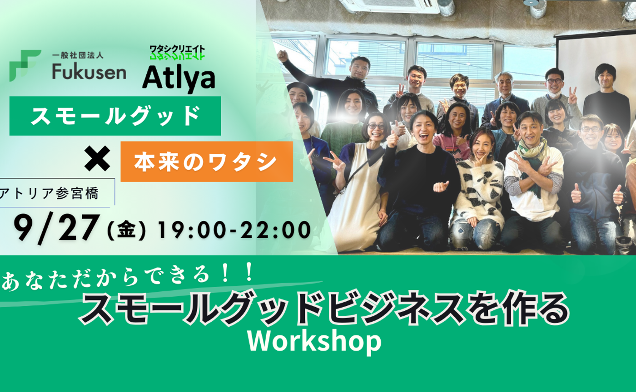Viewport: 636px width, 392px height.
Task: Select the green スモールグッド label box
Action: point(115,116)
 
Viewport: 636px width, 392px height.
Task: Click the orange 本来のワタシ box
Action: point(206,162)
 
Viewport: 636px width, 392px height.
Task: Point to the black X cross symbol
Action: point(97,159)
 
